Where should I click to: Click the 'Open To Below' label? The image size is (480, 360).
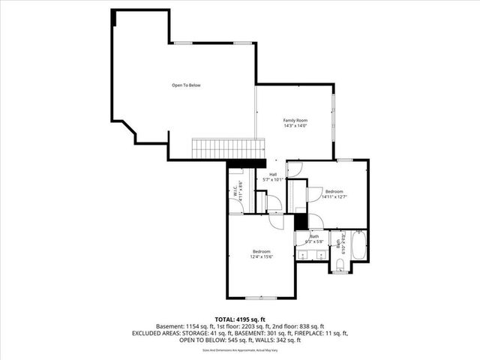186,85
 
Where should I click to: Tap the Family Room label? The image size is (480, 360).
295,120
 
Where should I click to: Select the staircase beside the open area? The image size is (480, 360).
229,148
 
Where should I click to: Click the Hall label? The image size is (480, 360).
273,175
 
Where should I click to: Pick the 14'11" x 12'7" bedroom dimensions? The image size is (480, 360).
334,197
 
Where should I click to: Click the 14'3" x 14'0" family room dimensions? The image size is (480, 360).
295,126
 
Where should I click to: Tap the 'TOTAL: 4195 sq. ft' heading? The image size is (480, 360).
240,319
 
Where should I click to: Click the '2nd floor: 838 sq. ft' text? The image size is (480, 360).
298,326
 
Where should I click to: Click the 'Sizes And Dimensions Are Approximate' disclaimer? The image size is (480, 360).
240,349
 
